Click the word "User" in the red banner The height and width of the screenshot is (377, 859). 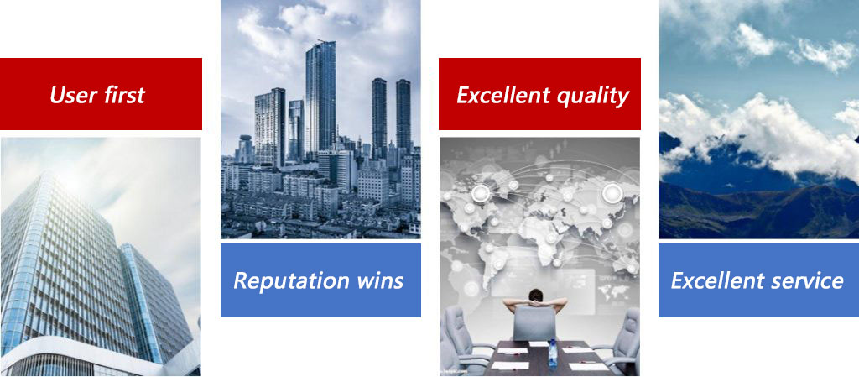click(70, 95)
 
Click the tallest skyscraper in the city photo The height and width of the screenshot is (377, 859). click(320, 98)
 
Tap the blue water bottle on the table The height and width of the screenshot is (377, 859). click(553, 348)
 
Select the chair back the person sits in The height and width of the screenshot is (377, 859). click(534, 323)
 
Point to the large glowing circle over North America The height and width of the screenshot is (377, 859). click(481, 192)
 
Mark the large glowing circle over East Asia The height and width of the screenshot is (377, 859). click(612, 192)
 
